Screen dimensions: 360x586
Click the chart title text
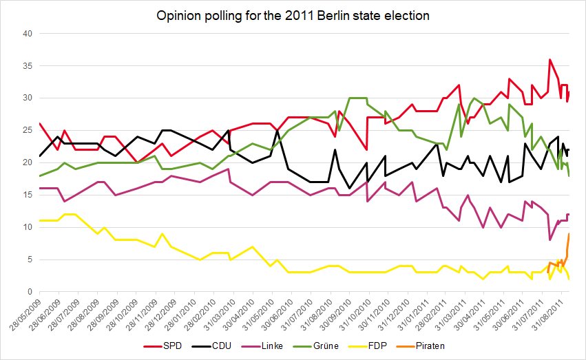[x=293, y=16]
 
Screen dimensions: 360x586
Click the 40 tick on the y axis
[x=28, y=34]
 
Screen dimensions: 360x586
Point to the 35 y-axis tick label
[x=28, y=66]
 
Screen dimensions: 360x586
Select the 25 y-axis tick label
[x=28, y=131]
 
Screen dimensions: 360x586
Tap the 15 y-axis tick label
[x=28, y=195]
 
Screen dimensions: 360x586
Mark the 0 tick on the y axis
[x=30, y=292]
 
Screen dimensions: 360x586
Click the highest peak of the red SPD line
[x=550, y=59]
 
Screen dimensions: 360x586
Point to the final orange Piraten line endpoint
[x=569, y=234]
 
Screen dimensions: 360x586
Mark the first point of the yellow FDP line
[x=40, y=220]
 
